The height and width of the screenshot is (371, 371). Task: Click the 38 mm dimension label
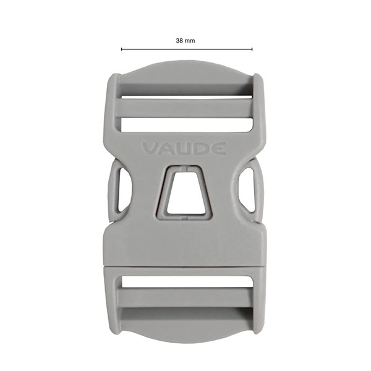click(185, 40)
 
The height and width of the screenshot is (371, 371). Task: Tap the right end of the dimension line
click(252, 49)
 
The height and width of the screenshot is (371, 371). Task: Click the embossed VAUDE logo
click(184, 149)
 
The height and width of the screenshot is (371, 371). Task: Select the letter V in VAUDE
click(150, 149)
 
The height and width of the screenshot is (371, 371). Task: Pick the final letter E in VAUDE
click(219, 149)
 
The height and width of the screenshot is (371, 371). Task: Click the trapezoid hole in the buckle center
click(185, 194)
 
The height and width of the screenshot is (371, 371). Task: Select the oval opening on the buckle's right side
click(249, 189)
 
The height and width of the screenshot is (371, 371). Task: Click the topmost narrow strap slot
click(185, 96)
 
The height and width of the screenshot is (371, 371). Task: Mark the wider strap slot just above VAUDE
click(185, 124)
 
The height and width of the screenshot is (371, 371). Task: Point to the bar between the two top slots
click(185, 109)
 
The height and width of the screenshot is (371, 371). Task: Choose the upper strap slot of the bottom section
click(185, 282)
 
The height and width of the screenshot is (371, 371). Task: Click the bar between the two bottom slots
click(185, 297)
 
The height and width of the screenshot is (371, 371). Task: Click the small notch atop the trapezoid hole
click(185, 168)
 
